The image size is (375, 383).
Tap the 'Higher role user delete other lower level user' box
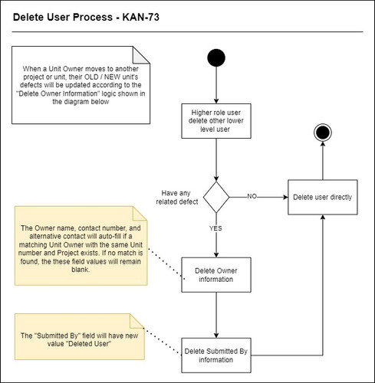coord(217,121)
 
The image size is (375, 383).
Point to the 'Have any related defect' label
coord(179,197)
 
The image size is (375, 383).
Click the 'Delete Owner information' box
coord(217,273)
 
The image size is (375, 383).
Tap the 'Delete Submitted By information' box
coord(217,352)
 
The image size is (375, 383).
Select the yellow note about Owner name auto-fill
coord(81,247)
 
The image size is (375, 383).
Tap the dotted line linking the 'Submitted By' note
coord(163,345)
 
